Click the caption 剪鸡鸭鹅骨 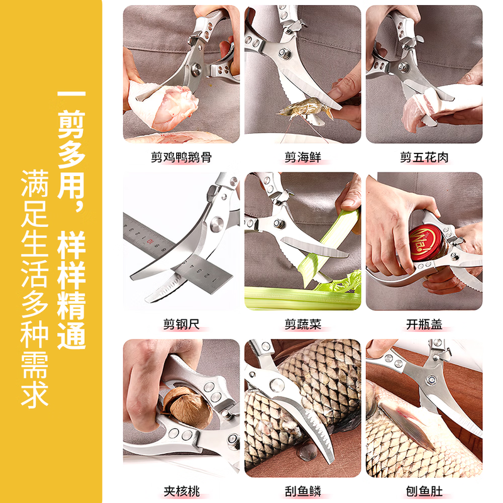click(x=181, y=157)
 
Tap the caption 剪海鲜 click(x=302, y=157)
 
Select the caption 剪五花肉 click(x=424, y=157)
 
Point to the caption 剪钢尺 click(x=181, y=324)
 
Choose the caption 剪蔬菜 click(x=302, y=324)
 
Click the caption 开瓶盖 click(x=424, y=324)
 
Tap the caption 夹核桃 click(x=181, y=490)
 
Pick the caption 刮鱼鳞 click(x=302, y=490)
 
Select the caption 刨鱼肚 click(x=424, y=490)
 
